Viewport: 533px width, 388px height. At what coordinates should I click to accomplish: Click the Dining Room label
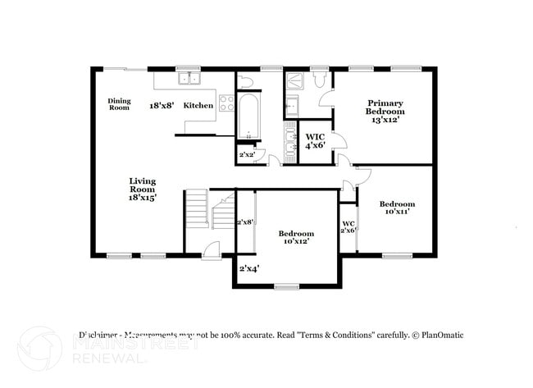click(120, 104)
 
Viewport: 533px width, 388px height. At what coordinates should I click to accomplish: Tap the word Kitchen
click(198, 105)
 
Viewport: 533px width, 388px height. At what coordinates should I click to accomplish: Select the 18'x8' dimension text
click(161, 105)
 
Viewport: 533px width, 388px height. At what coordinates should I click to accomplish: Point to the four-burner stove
click(225, 104)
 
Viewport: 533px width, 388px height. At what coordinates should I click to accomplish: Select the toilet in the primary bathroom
click(319, 80)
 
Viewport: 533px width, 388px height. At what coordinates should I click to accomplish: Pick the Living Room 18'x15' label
click(142, 189)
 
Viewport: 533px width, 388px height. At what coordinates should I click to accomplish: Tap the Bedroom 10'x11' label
click(396, 208)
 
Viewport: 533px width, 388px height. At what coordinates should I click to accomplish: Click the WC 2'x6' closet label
click(348, 226)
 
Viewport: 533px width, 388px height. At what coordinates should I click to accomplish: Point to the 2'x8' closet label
click(244, 221)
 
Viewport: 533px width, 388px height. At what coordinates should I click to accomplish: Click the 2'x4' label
click(248, 268)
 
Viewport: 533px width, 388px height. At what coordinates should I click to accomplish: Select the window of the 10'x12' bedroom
click(286, 286)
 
